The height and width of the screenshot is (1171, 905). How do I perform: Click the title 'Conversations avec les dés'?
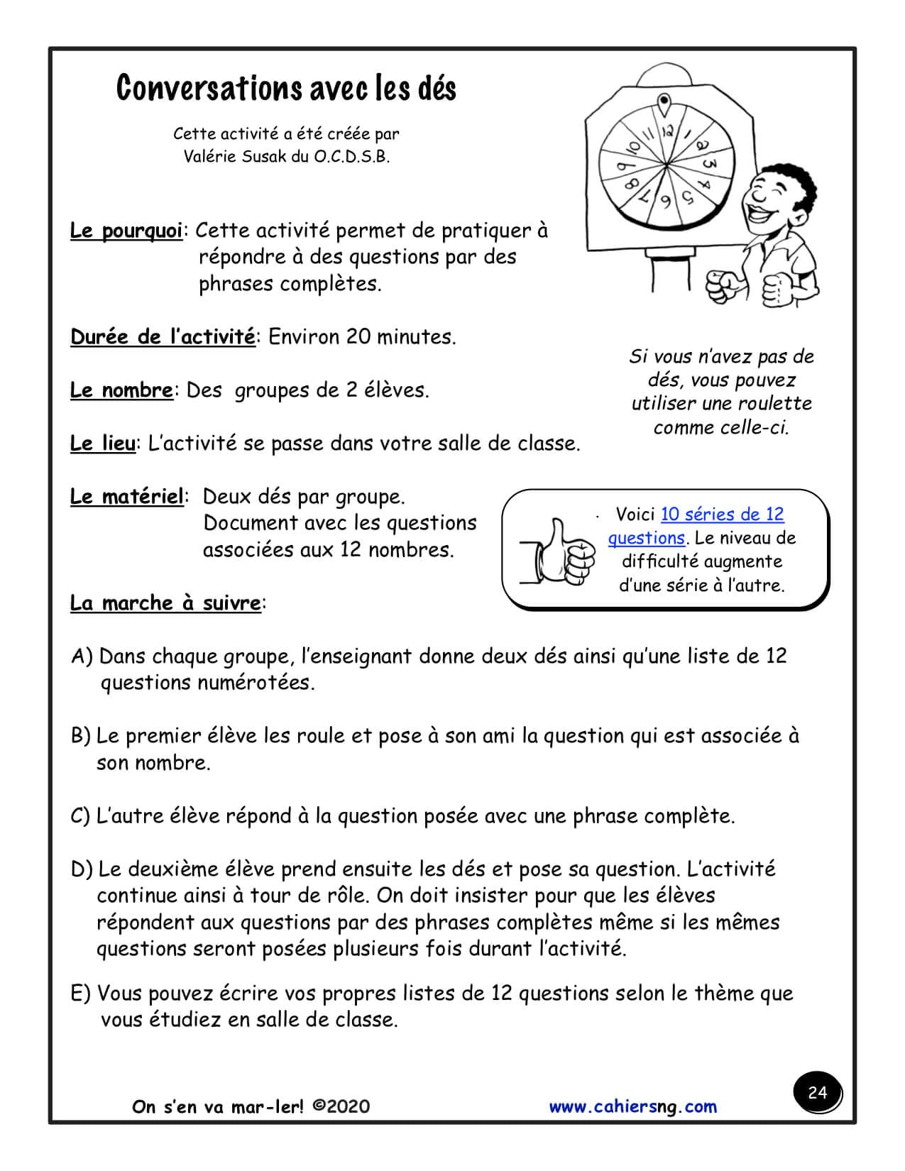point(286,88)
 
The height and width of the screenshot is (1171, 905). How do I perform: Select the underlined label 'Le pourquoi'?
point(126,231)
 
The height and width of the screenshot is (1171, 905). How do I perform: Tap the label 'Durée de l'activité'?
point(162,337)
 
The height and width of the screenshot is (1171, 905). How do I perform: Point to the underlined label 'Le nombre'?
point(121,390)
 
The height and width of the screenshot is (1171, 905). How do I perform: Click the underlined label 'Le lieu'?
point(102,444)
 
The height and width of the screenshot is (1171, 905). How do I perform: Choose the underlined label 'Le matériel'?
point(126,497)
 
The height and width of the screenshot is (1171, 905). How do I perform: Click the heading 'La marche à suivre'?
point(165,603)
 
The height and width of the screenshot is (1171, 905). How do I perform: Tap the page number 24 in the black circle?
point(818,1092)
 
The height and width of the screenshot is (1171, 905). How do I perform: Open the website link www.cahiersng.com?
point(633,1106)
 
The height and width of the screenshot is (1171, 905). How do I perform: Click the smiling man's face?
point(774,192)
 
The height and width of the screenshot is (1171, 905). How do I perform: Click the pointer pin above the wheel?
point(664,104)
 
